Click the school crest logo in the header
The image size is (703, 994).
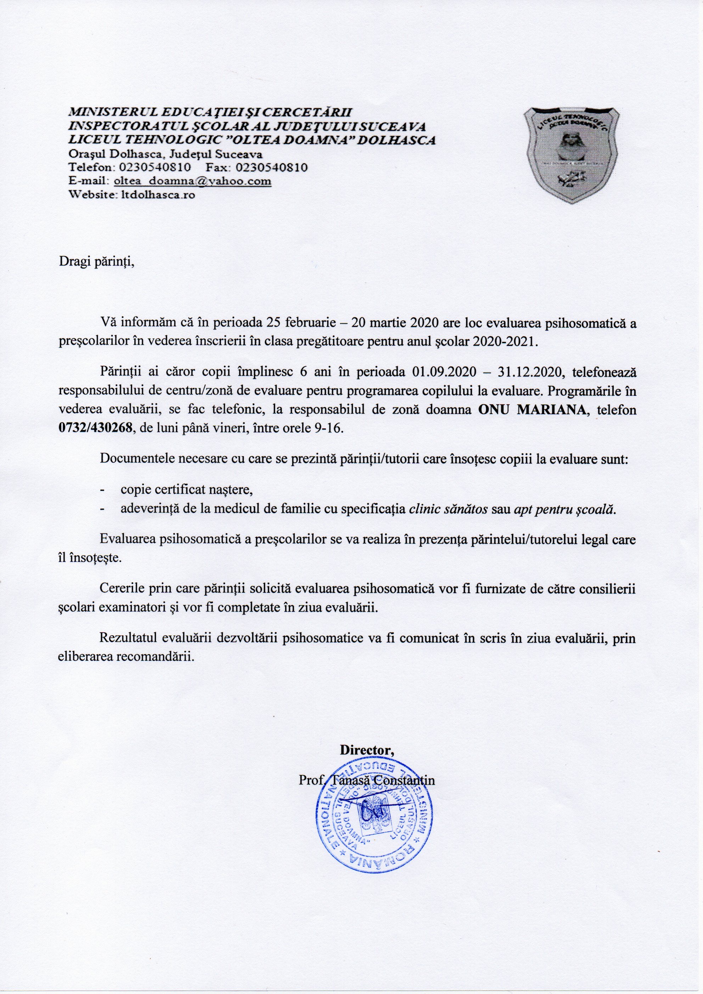572,155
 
